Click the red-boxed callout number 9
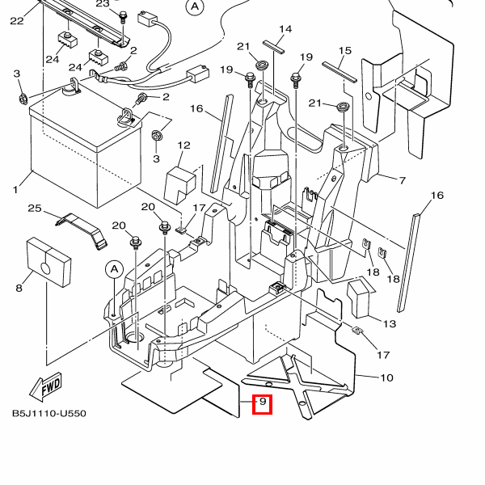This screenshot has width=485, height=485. (x=263, y=402)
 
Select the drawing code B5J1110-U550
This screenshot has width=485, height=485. (x=49, y=414)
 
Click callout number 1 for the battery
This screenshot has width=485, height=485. (x=15, y=189)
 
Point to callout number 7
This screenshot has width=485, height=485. (x=402, y=180)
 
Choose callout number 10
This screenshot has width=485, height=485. (x=386, y=377)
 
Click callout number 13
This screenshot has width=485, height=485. (x=390, y=324)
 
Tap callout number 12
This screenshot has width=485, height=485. (x=183, y=145)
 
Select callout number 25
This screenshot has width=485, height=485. (x=35, y=209)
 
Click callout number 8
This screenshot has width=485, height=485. (x=19, y=289)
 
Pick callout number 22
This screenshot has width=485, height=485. (x=17, y=21)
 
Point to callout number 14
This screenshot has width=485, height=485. (x=285, y=29)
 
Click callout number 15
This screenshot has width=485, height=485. (x=345, y=50)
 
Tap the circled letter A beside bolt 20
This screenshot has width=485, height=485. (x=115, y=270)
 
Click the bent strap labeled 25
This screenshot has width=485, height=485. (x=82, y=230)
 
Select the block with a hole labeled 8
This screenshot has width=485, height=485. (x=48, y=262)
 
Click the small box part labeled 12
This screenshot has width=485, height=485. (x=180, y=185)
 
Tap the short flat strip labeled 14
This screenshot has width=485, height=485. (x=273, y=48)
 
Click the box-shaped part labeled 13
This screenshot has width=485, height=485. (x=360, y=299)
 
